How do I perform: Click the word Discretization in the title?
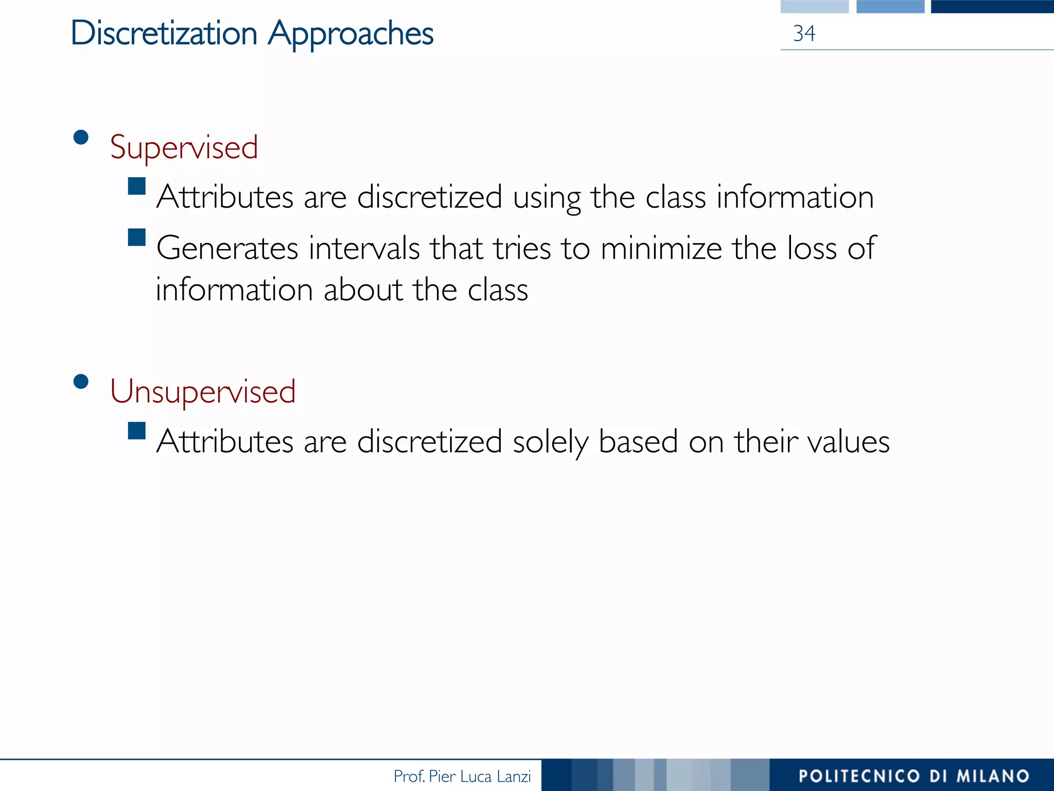tap(164, 33)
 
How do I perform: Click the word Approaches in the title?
tap(351, 34)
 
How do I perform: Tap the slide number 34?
tap(804, 33)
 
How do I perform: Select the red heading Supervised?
tap(184, 147)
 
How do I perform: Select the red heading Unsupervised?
tap(203, 391)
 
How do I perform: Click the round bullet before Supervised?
tap(81, 137)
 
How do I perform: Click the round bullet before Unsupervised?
tap(81, 382)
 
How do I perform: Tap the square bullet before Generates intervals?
tap(137, 237)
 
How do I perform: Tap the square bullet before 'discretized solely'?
tap(137, 431)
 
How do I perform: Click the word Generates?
tap(227, 248)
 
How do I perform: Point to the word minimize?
tap(661, 248)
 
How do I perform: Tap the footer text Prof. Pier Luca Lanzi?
tap(462, 776)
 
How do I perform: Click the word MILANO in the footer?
tap(993, 776)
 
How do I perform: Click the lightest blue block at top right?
tap(814, 6)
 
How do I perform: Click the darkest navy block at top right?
tap(992, 6)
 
